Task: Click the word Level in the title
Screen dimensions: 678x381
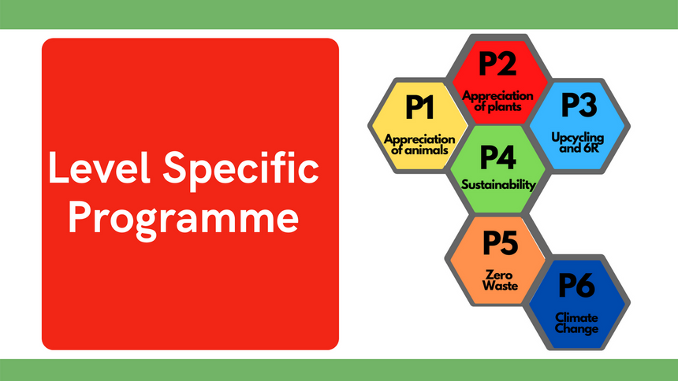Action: (99, 168)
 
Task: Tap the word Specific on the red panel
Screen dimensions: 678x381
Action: (240, 170)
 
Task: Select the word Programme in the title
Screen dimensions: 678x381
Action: (184, 220)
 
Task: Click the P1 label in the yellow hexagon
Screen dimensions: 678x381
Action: (419, 107)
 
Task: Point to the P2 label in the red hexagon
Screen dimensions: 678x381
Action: (497, 64)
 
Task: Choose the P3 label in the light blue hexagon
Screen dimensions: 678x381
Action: (579, 105)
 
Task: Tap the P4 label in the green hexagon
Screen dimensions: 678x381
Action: (497, 157)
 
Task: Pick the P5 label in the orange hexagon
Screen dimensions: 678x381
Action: (501, 242)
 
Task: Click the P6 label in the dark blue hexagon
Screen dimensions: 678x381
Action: (576, 286)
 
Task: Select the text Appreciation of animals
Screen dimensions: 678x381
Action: (419, 145)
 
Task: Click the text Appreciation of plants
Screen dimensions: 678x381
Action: (497, 101)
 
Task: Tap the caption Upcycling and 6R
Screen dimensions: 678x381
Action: (578, 142)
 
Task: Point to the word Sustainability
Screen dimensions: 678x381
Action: (498, 185)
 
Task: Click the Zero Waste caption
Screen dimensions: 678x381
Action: (500, 280)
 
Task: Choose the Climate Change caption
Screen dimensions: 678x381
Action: (576, 323)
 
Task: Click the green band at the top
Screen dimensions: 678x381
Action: (339, 14)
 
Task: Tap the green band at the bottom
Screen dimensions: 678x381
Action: (339, 370)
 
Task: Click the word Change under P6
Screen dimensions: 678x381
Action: (576, 329)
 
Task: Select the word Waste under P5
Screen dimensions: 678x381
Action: (500, 286)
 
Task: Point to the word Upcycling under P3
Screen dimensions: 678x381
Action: (578, 138)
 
